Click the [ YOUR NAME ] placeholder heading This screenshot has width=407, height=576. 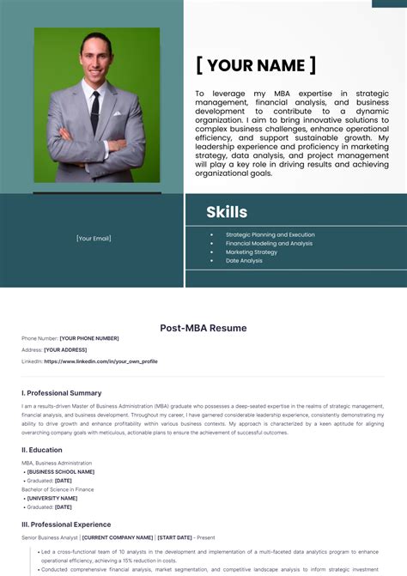[255, 65]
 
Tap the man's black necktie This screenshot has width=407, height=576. [95, 111]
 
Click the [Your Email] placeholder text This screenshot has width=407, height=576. [94, 239]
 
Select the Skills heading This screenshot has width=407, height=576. [227, 212]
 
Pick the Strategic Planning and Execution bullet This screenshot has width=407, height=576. [270, 234]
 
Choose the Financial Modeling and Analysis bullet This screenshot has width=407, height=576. [269, 243]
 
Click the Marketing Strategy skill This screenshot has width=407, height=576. [252, 252]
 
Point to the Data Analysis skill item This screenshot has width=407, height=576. [244, 260]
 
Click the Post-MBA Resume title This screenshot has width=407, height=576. [203, 328]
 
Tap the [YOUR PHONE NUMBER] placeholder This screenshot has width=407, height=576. [89, 338]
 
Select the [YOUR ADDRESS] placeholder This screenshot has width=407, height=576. [65, 350]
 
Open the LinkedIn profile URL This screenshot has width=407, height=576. [100, 361]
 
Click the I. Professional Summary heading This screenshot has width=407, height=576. [62, 392]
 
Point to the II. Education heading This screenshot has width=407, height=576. [42, 450]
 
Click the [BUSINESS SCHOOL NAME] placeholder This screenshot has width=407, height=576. [61, 471]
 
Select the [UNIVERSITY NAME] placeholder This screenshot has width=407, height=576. [52, 498]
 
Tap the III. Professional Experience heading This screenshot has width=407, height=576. [66, 524]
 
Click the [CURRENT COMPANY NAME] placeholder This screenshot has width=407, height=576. [118, 537]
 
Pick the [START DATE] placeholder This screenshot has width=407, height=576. [174, 537]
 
